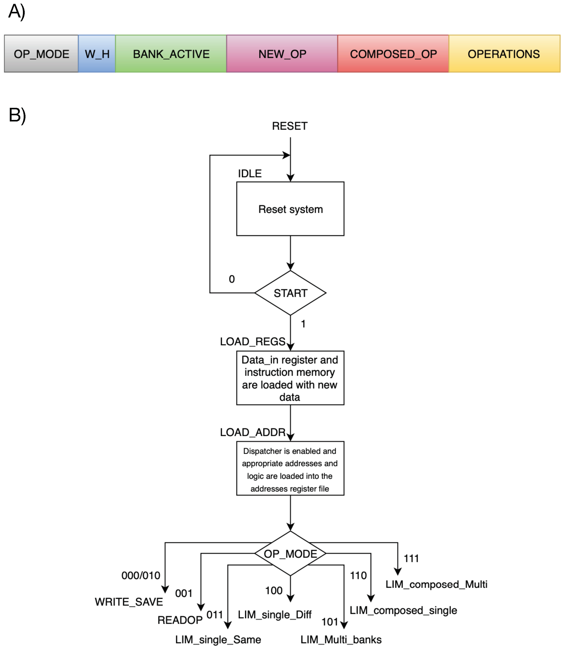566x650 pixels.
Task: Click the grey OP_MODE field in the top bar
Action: tap(41, 54)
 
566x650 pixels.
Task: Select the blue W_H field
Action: tap(97, 54)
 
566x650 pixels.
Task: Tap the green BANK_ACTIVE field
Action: tap(171, 54)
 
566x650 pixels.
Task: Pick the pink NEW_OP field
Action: tap(282, 54)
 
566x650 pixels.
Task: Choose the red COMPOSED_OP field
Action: tap(394, 54)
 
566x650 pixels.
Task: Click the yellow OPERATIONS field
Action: tap(505, 54)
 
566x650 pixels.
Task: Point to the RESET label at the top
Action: tap(290, 126)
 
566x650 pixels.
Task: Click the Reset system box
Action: tap(291, 209)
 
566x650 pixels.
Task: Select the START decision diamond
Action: tap(291, 293)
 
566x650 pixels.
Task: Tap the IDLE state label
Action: tap(250, 173)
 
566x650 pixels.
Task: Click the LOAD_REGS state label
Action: tap(253, 341)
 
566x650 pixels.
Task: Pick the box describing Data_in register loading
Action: tap(291, 378)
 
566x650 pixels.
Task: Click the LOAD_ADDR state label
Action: tap(253, 432)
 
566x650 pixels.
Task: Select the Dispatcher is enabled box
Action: tap(291, 469)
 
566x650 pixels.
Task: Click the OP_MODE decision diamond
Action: tap(291, 554)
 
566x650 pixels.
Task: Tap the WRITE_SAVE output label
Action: tap(129, 602)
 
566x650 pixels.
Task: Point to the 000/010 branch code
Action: tap(141, 575)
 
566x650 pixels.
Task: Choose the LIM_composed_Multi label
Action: tap(437, 584)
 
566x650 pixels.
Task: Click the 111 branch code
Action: tap(411, 558)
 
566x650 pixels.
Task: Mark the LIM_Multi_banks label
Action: tap(341, 640)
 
